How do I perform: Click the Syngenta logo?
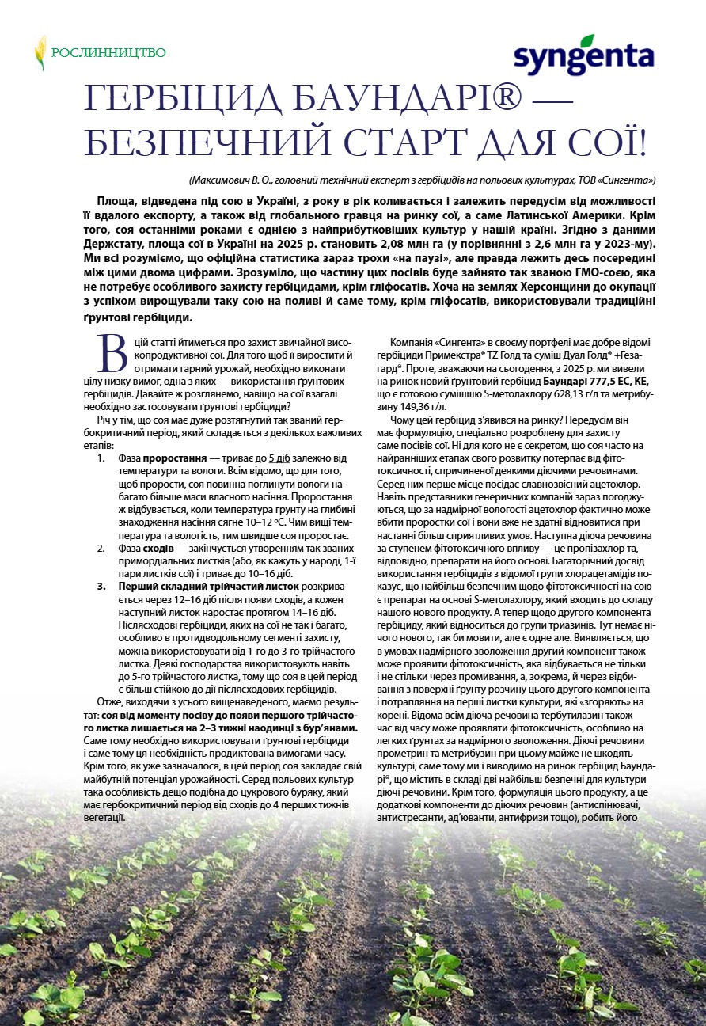coord(584,57)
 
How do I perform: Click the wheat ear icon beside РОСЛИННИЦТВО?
coord(40,52)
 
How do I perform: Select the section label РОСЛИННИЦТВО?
coord(108,53)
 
